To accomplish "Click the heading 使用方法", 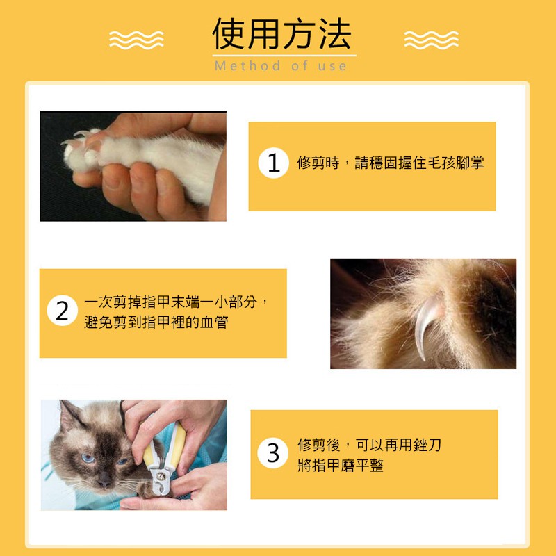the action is click(x=281, y=33).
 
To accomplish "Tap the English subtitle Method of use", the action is click(x=281, y=66).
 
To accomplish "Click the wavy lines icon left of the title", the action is click(x=136, y=40).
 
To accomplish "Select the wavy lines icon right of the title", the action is click(x=431, y=40).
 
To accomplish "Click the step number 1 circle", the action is click(x=273, y=163).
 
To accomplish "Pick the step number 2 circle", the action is click(x=63, y=310).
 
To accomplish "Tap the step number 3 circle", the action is click(x=273, y=453).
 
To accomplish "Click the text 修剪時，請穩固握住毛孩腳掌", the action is click(x=391, y=163).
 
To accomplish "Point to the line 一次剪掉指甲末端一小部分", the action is click(x=170, y=302).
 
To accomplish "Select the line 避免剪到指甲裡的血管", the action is click(x=156, y=322).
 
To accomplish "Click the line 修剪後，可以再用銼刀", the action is click(x=369, y=445).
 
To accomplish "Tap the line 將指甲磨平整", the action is click(x=341, y=465).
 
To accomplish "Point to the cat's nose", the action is click(x=104, y=480).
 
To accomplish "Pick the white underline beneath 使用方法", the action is click(x=284, y=56).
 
